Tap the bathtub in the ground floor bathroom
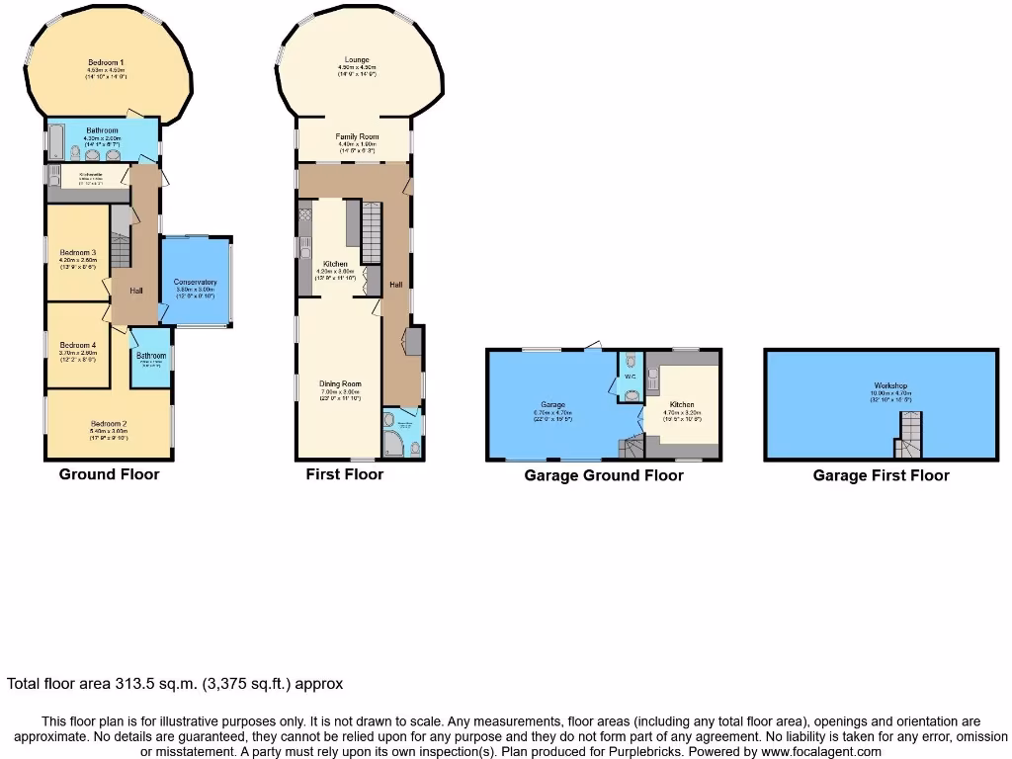click(55, 142)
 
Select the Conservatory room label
click(195, 283)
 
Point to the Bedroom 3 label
click(77, 253)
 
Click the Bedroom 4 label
click(77, 345)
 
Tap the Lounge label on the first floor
click(357, 60)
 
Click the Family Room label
click(357, 137)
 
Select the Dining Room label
click(340, 383)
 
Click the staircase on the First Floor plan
click(372, 232)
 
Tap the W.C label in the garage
click(630, 376)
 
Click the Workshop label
click(890, 385)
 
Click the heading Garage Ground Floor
click(603, 475)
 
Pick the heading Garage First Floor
click(881, 475)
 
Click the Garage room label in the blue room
click(552, 405)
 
